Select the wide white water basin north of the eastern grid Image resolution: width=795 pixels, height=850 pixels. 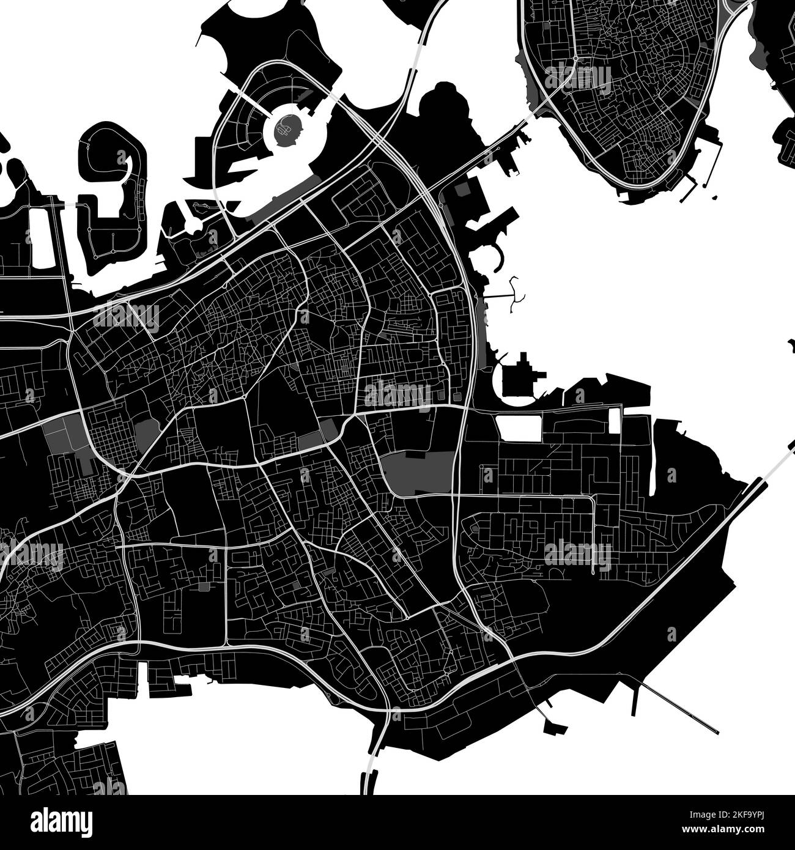pyautogui.click(x=519, y=429)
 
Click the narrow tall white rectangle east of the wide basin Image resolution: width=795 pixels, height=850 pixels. pyautogui.click(x=615, y=421)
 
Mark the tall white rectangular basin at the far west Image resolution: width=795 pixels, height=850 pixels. pyautogui.click(x=42, y=238)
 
